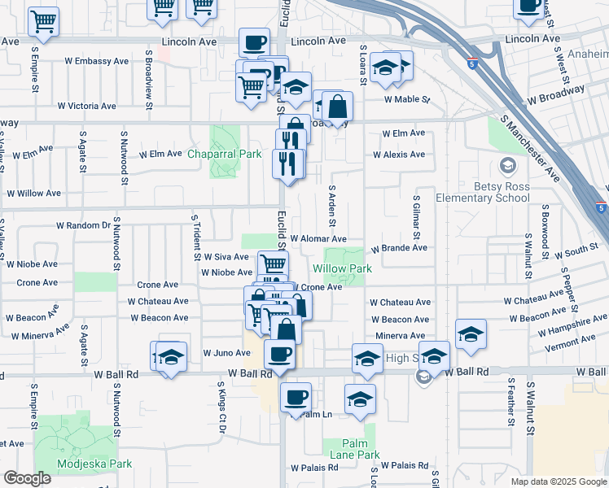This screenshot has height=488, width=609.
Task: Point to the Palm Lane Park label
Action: (351, 455)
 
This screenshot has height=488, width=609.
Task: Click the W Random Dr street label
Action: (83, 225)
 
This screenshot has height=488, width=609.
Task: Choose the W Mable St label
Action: (406, 99)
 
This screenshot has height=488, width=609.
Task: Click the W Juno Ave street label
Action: (226, 353)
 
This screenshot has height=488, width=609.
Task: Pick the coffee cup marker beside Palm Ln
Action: (296, 396)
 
